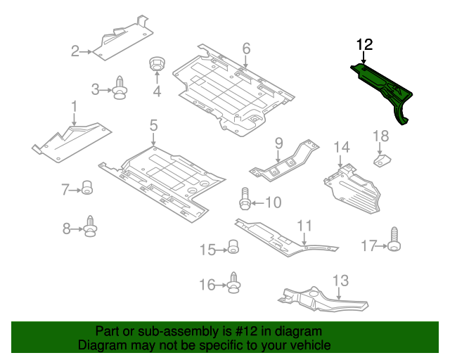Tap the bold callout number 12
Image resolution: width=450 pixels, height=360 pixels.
coord(364,45)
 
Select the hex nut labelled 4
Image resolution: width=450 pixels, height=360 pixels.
coord(157,64)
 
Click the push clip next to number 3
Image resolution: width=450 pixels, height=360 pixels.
coord(120,88)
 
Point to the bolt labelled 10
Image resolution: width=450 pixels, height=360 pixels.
coord(245,199)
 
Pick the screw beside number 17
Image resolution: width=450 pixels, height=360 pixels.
coord(394,239)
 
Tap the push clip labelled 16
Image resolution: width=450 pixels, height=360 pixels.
coord(234,283)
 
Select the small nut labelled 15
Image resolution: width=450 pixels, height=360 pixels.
coord(233,247)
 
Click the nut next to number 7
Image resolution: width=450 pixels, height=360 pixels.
coord(87,188)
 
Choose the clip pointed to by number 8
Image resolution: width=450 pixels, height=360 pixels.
coord(91,226)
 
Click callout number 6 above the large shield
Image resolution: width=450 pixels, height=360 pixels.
coord(246,49)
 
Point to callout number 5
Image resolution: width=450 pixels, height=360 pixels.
coord(153,125)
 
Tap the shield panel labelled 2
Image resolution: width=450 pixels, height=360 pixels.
coord(122,40)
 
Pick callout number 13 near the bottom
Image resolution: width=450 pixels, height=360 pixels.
coord(340,281)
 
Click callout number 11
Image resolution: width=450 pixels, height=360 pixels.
coord(304,226)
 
